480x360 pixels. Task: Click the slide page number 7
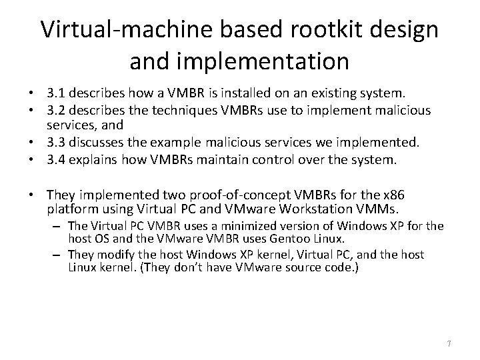(449, 343)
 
